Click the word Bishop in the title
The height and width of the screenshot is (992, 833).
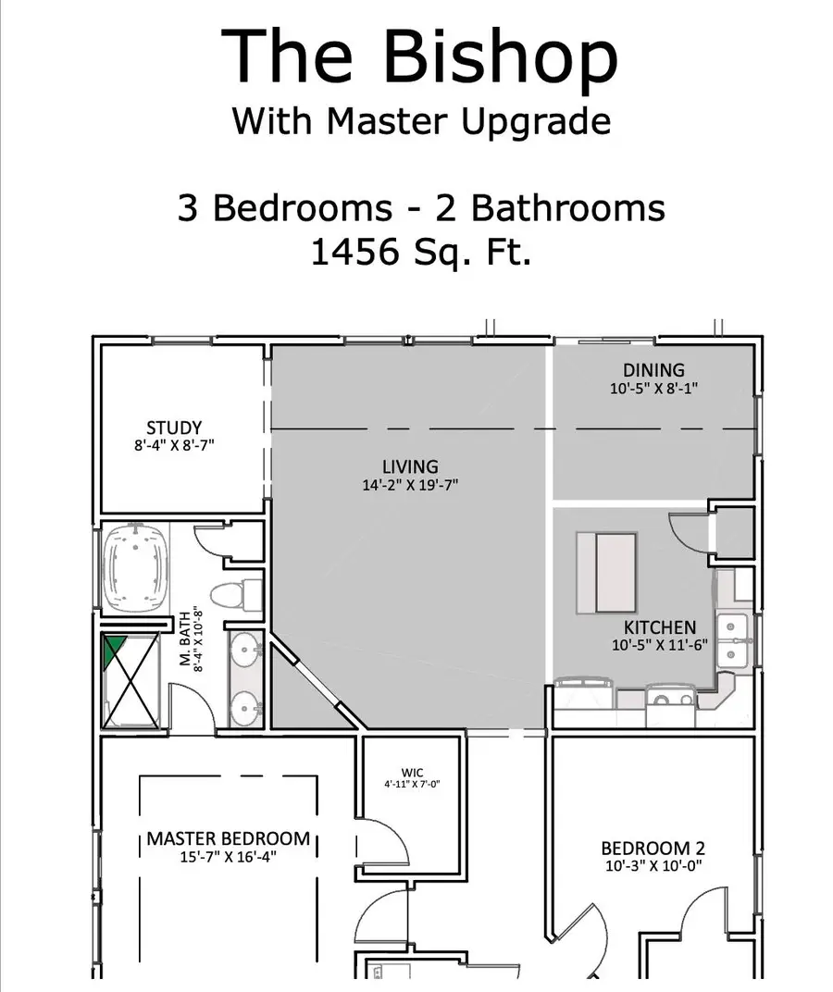(x=501, y=57)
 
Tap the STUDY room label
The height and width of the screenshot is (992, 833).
(x=174, y=428)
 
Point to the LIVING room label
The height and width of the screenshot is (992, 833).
(x=410, y=466)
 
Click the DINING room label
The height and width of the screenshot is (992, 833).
(x=653, y=370)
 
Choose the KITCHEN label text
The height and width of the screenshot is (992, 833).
(x=660, y=627)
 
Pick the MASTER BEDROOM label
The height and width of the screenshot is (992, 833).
(x=229, y=838)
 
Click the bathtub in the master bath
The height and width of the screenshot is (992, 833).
(x=138, y=567)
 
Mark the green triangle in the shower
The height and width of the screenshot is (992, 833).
(x=115, y=650)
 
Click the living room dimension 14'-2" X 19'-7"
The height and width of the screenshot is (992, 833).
(x=410, y=484)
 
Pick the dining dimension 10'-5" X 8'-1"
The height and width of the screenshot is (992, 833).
(x=653, y=389)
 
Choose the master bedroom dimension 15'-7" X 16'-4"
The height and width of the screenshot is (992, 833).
(x=229, y=857)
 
